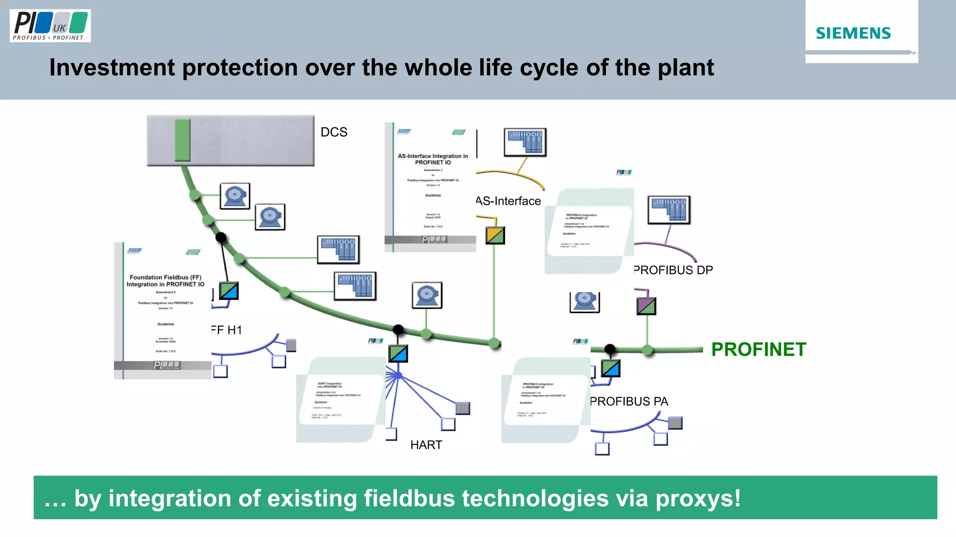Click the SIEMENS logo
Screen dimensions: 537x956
tap(853, 33)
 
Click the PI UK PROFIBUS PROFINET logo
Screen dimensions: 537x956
tap(50, 26)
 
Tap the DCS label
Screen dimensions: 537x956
tap(334, 132)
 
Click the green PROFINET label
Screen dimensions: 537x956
tap(759, 349)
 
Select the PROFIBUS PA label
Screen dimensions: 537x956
tap(629, 401)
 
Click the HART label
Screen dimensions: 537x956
tap(426, 445)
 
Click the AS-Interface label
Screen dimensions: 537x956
tap(508, 201)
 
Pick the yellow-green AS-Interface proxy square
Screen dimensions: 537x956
tap(495, 235)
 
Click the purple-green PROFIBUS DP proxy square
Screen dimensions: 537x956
tap(646, 306)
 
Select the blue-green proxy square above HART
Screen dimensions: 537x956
tap(398, 354)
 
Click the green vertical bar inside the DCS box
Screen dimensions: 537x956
tap(183, 140)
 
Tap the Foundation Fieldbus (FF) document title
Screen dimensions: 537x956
tap(165, 280)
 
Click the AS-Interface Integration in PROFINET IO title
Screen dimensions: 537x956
tap(433, 159)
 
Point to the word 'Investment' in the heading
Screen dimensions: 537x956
tap(112, 68)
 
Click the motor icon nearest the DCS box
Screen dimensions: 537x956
tap(235, 196)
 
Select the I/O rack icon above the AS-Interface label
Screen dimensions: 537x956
tap(525, 142)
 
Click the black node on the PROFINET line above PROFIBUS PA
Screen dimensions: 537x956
tap(610, 349)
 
